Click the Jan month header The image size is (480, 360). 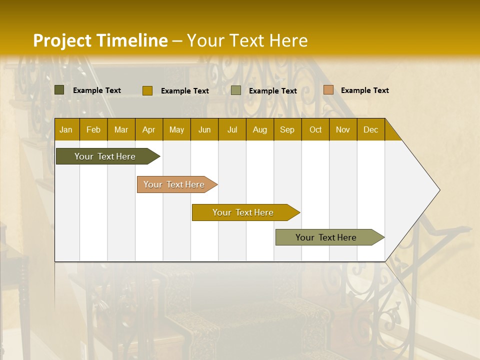point(66,129)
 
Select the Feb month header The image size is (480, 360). point(93,129)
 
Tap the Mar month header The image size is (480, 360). point(121,129)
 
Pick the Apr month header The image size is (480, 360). point(149,129)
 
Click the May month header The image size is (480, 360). point(176,129)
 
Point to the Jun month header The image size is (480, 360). point(204,129)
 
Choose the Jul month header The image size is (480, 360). point(232,129)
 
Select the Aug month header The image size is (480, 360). point(260,129)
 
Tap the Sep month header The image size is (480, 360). point(287,129)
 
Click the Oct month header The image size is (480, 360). point(315,129)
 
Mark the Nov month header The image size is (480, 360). point(343,129)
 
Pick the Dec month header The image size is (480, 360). point(371,129)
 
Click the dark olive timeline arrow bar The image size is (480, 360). point(105,156)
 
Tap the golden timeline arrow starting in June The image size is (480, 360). point(243,212)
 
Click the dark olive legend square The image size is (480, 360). point(59,90)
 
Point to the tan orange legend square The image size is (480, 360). point(328,90)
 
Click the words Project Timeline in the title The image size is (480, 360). point(100,40)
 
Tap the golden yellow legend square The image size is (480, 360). point(147,90)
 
